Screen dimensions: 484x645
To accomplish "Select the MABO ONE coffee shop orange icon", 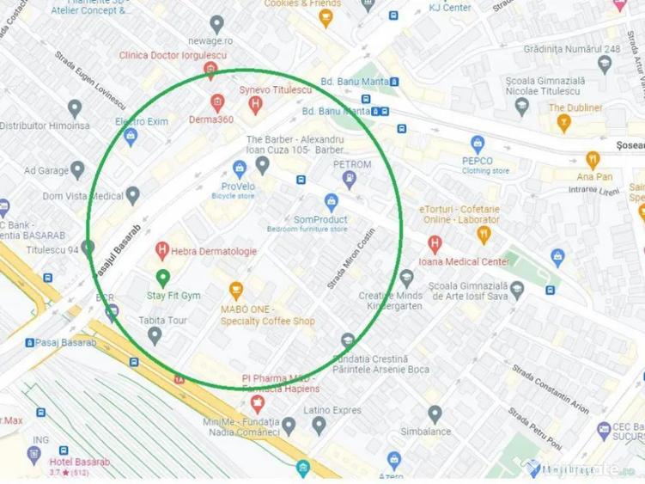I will click(235, 291).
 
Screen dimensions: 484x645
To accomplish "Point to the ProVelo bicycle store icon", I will click(240, 168).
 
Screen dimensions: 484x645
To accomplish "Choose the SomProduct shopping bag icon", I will click(331, 203).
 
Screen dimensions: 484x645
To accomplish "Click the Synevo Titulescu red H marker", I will click(254, 105).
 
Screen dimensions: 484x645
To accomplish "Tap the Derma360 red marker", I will click(217, 102).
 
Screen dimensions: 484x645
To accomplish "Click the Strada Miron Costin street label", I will click(352, 257).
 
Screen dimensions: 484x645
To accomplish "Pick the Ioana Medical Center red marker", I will click(435, 244).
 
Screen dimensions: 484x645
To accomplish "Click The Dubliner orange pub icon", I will click(564, 123).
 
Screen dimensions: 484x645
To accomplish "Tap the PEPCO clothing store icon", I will click(478, 144).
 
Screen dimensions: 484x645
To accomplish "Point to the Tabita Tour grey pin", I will click(155, 335).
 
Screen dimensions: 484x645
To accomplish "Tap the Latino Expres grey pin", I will click(319, 425).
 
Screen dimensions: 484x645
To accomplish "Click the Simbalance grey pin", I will click(435, 414).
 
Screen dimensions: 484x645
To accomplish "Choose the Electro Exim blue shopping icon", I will click(131, 136).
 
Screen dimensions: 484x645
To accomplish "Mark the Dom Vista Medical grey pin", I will click(132, 196).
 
